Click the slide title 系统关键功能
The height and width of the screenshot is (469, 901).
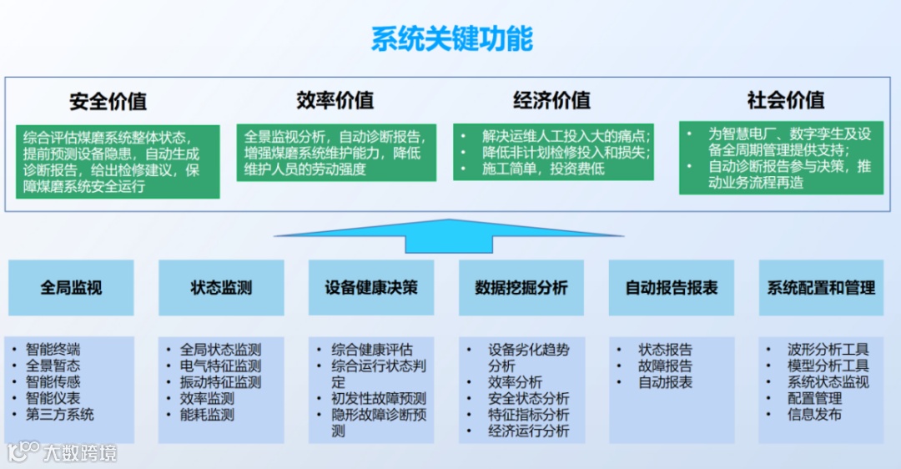(x=451, y=39)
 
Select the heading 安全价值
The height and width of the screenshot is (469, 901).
(x=108, y=102)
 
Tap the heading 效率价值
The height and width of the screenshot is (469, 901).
(x=335, y=100)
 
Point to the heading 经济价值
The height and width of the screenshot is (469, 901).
(x=551, y=100)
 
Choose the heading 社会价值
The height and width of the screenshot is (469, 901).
(x=786, y=100)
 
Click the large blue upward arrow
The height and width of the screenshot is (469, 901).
(x=449, y=234)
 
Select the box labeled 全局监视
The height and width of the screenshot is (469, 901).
(x=71, y=288)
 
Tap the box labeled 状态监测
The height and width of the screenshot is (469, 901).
(x=221, y=288)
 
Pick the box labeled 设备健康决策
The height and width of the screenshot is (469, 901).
(x=371, y=288)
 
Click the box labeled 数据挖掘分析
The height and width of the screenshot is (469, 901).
(x=521, y=288)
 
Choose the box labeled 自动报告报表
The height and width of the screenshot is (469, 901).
(x=672, y=288)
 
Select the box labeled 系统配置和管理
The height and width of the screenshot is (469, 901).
(x=821, y=288)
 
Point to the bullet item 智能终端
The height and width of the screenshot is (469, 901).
(x=53, y=350)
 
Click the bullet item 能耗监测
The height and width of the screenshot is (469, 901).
(x=207, y=415)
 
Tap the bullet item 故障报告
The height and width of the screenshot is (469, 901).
(x=665, y=366)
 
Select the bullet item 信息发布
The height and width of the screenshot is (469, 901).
(x=814, y=415)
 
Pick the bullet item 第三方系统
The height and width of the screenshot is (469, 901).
(x=60, y=415)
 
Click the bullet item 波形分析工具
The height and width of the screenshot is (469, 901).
(x=828, y=350)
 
